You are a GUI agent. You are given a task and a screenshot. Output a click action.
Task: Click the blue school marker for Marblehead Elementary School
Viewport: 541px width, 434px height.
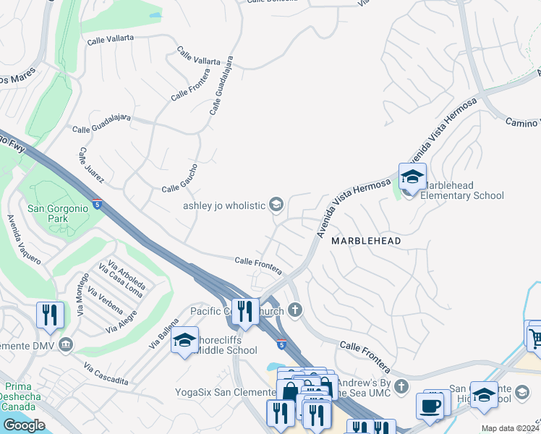click(x=412, y=176)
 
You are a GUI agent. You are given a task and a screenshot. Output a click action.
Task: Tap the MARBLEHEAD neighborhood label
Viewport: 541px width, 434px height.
click(x=366, y=239)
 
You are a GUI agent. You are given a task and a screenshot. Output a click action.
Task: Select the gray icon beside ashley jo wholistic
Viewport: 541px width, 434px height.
click(x=276, y=205)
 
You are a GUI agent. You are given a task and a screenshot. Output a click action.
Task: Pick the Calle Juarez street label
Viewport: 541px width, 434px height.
click(x=92, y=166)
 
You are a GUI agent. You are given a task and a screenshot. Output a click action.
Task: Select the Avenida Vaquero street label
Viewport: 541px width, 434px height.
click(x=22, y=238)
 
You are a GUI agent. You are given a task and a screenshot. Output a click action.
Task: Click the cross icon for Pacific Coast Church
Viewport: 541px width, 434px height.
click(x=294, y=310)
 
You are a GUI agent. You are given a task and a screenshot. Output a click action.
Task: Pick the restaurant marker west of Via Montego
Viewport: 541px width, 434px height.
click(x=50, y=315)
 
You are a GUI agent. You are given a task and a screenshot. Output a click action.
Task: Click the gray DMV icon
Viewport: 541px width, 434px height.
click(x=67, y=344)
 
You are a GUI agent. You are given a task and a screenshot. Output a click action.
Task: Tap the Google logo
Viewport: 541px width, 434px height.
click(x=24, y=425)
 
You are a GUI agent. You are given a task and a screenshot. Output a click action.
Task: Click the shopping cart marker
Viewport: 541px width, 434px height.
click(x=534, y=335)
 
